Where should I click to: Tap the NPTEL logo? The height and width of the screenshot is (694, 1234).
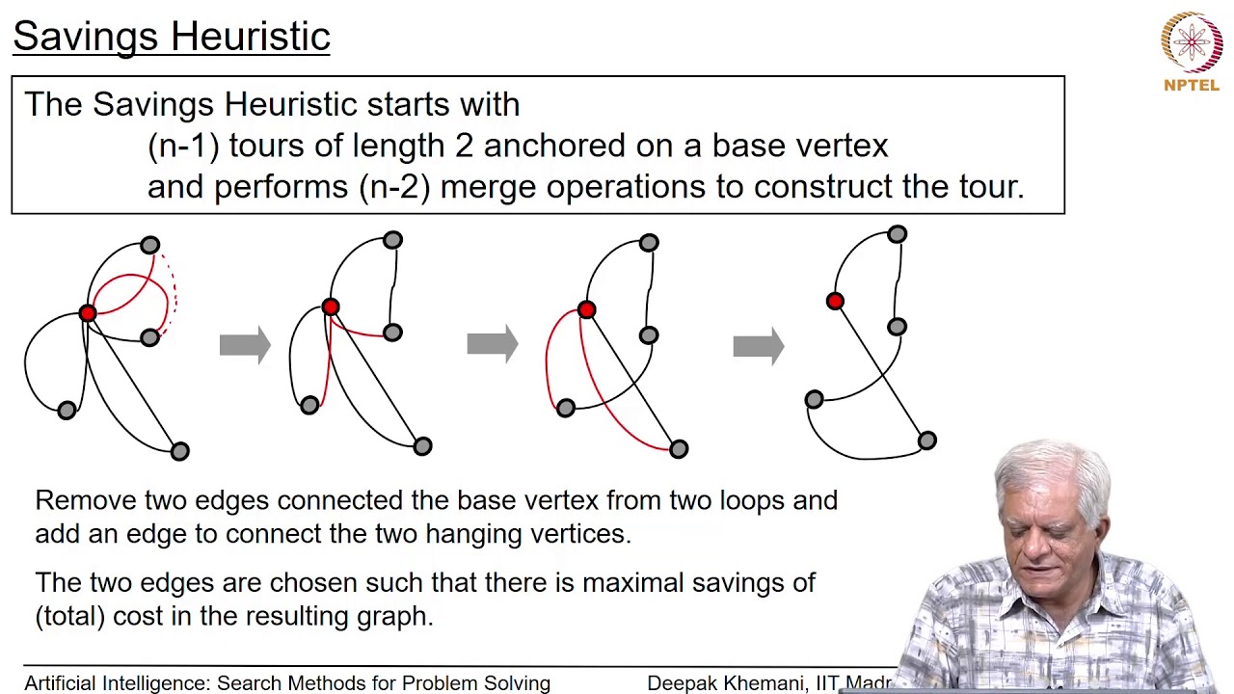click(x=1192, y=50)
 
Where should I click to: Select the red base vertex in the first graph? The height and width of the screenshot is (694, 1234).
click(x=88, y=313)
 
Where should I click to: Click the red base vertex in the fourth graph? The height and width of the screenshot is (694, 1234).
click(x=835, y=302)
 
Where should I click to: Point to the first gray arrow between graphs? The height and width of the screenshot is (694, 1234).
click(x=245, y=345)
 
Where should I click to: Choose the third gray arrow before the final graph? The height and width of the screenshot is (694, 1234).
click(x=758, y=345)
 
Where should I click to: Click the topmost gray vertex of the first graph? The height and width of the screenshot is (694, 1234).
click(x=149, y=246)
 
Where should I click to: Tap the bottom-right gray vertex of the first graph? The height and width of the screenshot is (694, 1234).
click(x=180, y=450)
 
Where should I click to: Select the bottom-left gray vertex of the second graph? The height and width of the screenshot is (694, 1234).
click(x=309, y=406)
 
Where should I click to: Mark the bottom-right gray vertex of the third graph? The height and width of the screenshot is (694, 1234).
click(x=679, y=448)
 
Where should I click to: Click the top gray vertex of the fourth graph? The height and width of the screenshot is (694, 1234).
click(x=898, y=234)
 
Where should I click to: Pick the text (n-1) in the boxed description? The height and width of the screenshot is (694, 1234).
click(x=183, y=146)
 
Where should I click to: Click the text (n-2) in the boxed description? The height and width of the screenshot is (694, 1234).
click(x=393, y=187)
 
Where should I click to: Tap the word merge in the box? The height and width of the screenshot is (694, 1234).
click(x=489, y=187)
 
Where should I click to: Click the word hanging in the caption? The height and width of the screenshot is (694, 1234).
click(x=477, y=533)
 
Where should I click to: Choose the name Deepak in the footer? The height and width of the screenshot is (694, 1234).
click(x=683, y=683)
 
